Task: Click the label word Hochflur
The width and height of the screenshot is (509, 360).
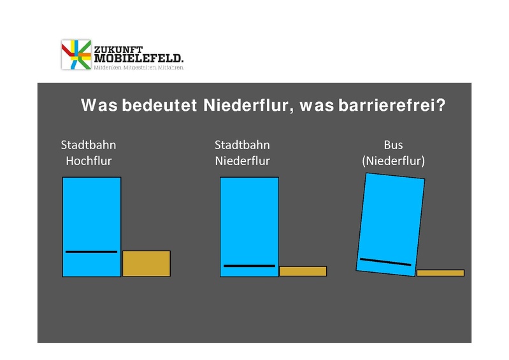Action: [x=89, y=161]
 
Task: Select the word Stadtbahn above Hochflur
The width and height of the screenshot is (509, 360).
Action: [x=89, y=145]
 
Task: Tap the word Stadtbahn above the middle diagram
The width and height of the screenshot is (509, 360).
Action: [x=243, y=145]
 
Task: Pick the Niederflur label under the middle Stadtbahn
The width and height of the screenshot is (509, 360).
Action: [x=243, y=161]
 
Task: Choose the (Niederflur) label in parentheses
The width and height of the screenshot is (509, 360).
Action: [x=393, y=161]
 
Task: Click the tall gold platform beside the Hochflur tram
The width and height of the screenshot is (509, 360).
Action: [x=147, y=264]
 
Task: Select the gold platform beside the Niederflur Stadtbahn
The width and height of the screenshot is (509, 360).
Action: [x=303, y=271]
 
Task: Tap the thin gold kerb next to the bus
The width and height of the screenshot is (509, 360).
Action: [x=440, y=273]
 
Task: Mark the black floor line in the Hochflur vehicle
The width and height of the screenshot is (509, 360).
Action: [x=91, y=252]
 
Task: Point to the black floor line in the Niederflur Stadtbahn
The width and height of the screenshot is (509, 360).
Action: [x=249, y=266]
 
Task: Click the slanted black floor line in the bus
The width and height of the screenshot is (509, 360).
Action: [x=385, y=262]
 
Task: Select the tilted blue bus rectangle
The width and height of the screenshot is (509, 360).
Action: [x=391, y=217]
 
